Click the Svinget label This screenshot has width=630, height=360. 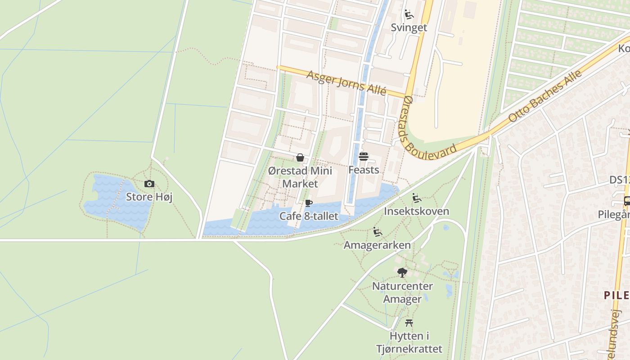(x=409, y=27)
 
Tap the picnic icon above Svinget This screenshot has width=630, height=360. (x=409, y=15)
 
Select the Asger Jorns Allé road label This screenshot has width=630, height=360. (x=346, y=82)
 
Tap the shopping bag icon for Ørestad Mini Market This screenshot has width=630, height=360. (x=300, y=157)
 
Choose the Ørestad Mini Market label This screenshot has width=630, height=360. (x=300, y=177)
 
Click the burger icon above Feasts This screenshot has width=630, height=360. (x=364, y=157)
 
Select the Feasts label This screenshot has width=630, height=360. (x=364, y=170)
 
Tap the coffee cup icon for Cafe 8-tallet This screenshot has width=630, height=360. (x=309, y=203)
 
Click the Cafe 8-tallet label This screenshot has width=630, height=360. (x=309, y=216)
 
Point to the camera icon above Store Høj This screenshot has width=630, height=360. (x=149, y=184)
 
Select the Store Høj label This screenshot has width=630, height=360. (x=149, y=197)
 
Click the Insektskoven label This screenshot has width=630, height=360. (x=416, y=211)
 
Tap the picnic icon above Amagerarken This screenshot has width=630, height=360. (x=378, y=232)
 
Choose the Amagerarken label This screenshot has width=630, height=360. (x=377, y=245)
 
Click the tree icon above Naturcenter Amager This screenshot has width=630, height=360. (x=402, y=272)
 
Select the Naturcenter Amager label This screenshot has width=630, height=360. (x=402, y=292)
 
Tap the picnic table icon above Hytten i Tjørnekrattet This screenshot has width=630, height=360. (x=409, y=323)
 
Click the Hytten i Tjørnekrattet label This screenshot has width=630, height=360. (x=409, y=342)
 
